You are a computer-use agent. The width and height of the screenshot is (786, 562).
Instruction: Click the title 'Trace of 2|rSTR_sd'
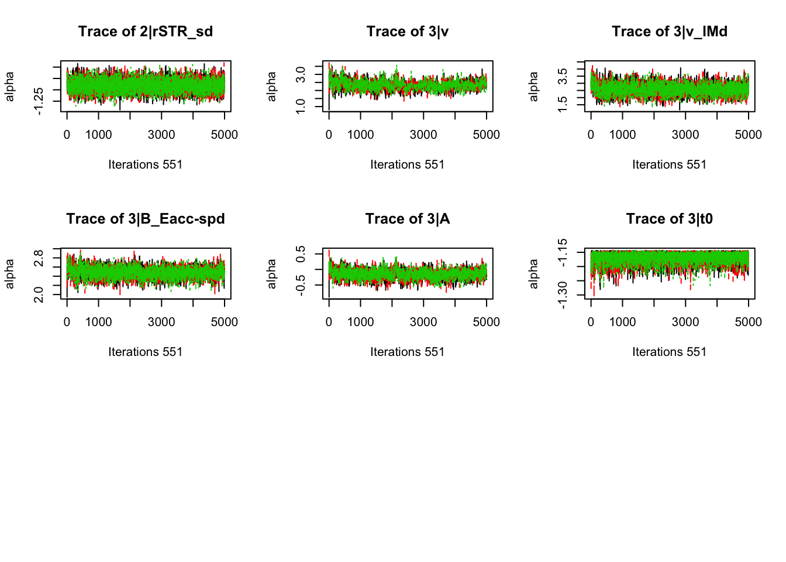146,32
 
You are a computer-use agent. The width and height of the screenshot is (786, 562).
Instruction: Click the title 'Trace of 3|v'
408,32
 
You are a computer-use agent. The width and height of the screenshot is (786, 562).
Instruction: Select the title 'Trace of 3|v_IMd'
670,32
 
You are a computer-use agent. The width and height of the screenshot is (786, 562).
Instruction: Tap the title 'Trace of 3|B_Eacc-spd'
146,219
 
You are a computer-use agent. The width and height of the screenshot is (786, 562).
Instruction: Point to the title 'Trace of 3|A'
408,219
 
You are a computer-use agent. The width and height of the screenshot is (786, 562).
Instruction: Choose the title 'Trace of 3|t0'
670,219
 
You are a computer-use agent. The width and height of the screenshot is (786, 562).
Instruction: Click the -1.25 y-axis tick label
39,101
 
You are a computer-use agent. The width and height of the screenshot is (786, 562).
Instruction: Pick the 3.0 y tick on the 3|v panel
301,74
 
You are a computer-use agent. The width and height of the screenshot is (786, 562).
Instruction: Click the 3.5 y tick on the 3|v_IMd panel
563,77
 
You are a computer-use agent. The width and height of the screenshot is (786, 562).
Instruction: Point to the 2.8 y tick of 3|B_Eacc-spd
39,258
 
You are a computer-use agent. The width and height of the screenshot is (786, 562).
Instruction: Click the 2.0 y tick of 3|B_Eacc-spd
39,294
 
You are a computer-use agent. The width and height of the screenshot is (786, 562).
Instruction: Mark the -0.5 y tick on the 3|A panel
301,285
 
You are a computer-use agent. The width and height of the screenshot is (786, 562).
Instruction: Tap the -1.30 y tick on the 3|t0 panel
563,294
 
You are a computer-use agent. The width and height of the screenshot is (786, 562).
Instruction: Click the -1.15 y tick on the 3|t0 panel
563,252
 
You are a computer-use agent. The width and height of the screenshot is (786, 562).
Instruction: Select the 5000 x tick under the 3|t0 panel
748,322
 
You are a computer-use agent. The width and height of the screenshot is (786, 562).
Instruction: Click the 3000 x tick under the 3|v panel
423,135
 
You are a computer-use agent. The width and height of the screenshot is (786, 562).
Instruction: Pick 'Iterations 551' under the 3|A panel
408,352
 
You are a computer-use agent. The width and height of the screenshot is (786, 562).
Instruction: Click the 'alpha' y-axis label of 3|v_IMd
533,87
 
